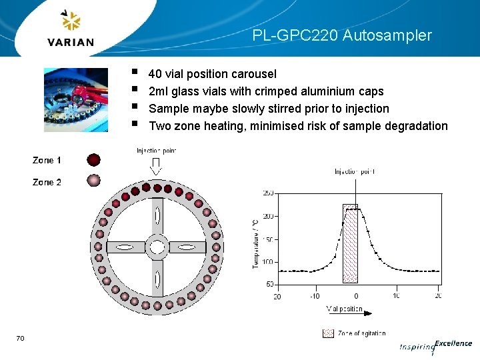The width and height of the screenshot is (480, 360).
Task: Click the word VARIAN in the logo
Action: [71, 42]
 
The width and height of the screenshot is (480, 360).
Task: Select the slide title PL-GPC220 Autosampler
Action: [342, 35]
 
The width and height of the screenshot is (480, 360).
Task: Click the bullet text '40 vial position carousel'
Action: [212, 73]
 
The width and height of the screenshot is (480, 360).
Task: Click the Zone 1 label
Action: [47, 160]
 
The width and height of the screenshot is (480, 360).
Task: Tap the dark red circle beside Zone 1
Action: [94, 160]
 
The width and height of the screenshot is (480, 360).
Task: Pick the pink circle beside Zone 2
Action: [94, 181]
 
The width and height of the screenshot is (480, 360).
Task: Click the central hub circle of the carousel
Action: [157, 247]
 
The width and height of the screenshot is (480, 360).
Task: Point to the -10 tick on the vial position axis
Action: [315, 296]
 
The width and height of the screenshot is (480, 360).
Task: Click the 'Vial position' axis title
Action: [345, 309]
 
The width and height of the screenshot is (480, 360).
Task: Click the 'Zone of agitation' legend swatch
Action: [327, 333]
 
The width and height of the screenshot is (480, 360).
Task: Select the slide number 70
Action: [20, 339]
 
